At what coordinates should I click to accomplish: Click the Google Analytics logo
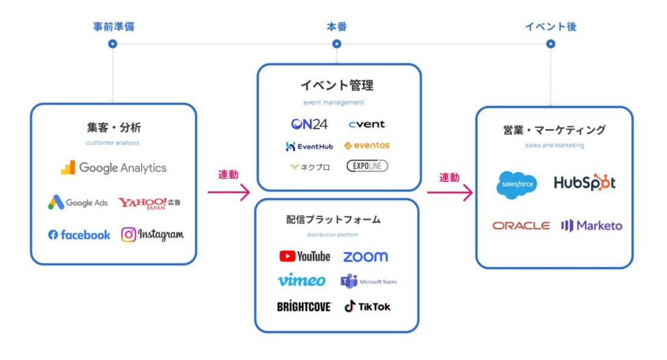[x=113, y=168]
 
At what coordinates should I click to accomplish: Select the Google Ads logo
[x=78, y=202]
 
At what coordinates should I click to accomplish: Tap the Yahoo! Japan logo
[x=149, y=203]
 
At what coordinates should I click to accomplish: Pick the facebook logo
[x=79, y=235]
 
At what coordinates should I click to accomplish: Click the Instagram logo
[x=152, y=235]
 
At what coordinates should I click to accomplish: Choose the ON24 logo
[x=309, y=124]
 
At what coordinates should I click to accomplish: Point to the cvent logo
[x=366, y=124]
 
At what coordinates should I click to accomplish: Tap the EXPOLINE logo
[x=367, y=165]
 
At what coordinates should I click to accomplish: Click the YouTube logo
[x=304, y=256]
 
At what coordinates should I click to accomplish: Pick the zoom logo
[x=365, y=257]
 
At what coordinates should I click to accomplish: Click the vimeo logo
[x=301, y=281]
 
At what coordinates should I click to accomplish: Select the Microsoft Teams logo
[x=369, y=281]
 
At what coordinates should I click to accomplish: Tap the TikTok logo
[x=367, y=307]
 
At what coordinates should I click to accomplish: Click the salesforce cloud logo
[x=517, y=184]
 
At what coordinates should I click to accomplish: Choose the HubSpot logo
[x=585, y=182]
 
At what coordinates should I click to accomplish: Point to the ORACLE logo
[x=521, y=225]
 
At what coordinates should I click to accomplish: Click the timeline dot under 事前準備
[x=112, y=44]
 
